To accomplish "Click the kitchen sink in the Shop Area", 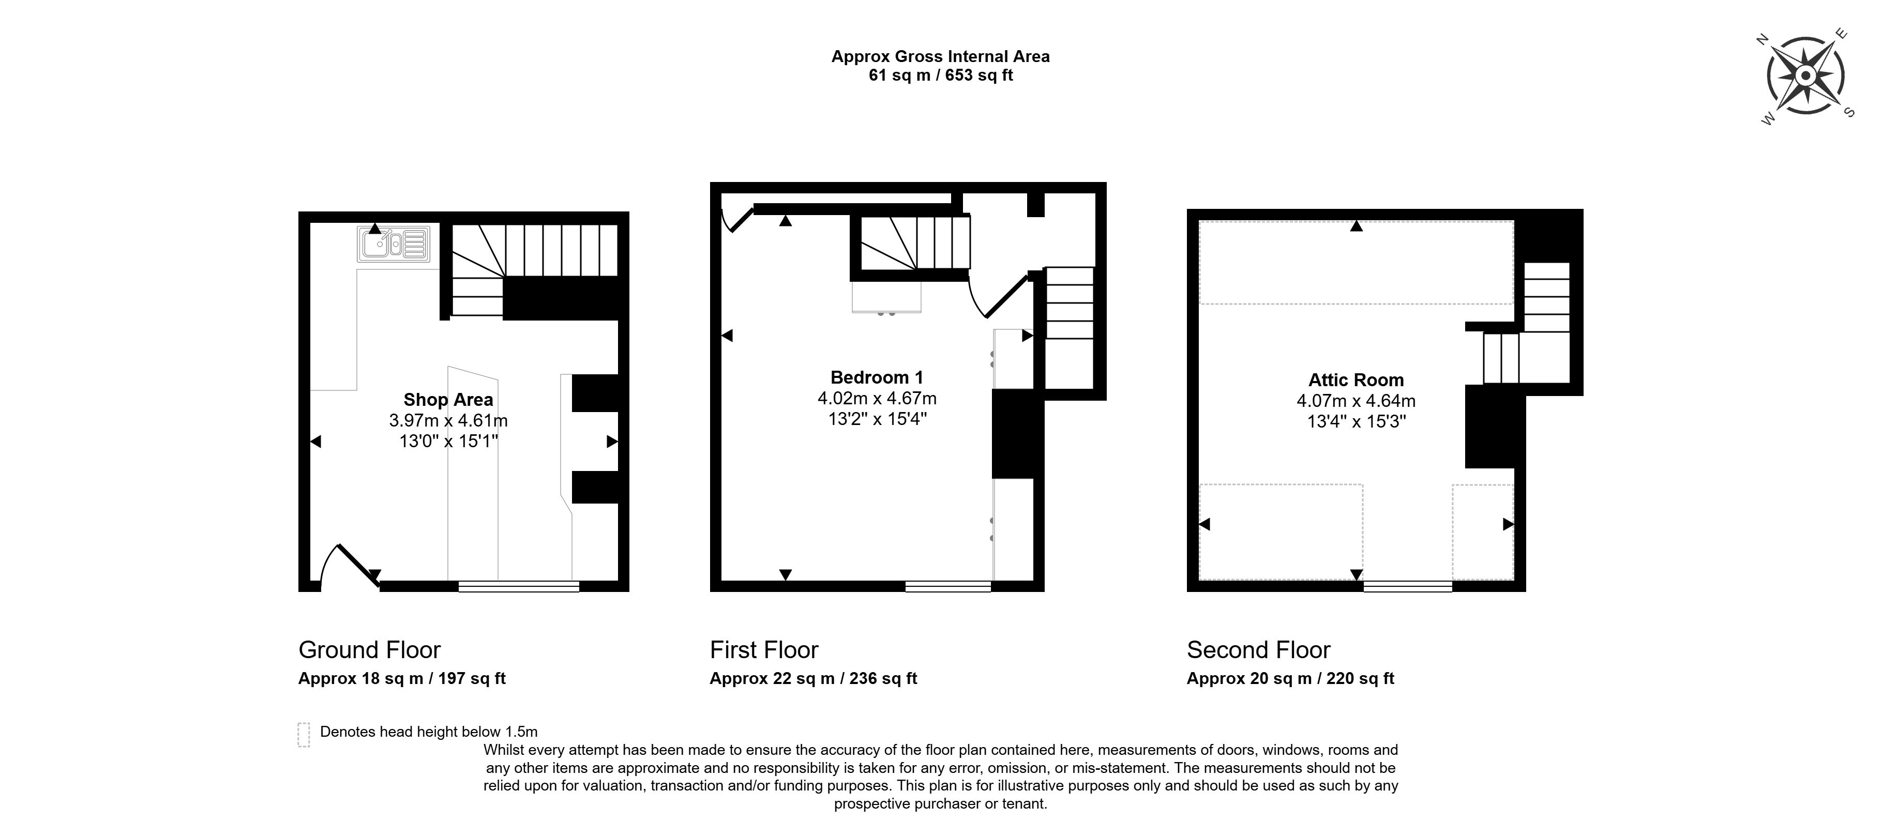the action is tap(393, 244).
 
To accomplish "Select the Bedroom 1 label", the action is tap(877, 377).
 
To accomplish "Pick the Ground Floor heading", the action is tap(370, 650).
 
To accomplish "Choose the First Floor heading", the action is tap(764, 650).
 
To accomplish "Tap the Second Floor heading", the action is tap(1259, 650).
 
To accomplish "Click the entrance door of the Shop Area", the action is tap(351, 565).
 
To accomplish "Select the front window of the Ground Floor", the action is tap(519, 586).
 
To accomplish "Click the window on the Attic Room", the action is tap(1407, 586).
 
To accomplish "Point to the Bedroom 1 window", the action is tap(948, 586).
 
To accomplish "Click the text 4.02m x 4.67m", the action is tap(877, 399).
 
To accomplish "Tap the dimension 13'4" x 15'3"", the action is tap(1356, 421).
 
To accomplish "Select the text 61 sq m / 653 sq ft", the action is tap(940, 75).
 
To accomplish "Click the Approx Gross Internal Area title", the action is tap(940, 56).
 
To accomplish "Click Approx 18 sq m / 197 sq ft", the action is tap(402, 678).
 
